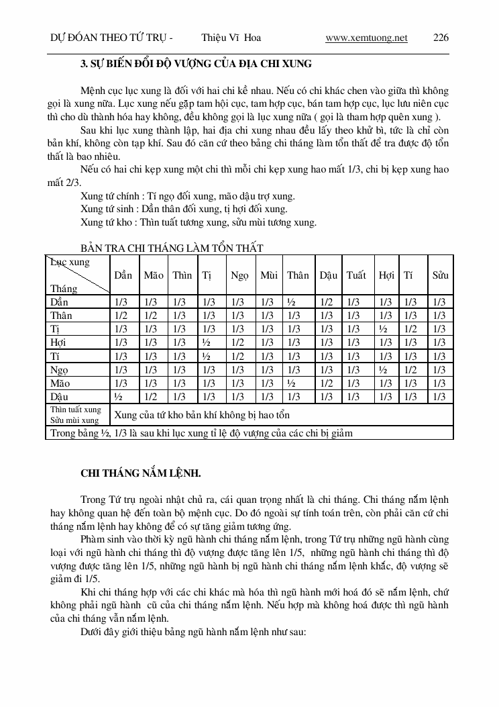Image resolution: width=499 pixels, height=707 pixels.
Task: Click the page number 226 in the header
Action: pos(441,38)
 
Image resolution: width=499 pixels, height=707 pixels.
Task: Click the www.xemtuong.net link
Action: pos(366,38)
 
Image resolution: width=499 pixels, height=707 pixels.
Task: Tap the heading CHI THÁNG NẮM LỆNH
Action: pos(141,473)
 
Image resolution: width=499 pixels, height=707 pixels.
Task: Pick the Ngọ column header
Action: pos(239,275)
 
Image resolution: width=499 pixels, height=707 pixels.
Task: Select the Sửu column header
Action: pos(440,275)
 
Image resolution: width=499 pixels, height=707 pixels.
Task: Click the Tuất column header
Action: pos(356,275)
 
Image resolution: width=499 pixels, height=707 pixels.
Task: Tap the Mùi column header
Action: pos(269,275)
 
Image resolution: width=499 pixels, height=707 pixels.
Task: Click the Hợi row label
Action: pos(60,342)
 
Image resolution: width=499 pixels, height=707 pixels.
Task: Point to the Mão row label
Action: pos(61,383)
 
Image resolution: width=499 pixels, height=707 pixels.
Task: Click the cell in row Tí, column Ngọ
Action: pos(238,356)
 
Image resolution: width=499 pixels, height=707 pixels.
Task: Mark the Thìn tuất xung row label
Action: pos(76,409)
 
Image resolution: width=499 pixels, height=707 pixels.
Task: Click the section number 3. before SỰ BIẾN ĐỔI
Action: pos(85,64)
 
